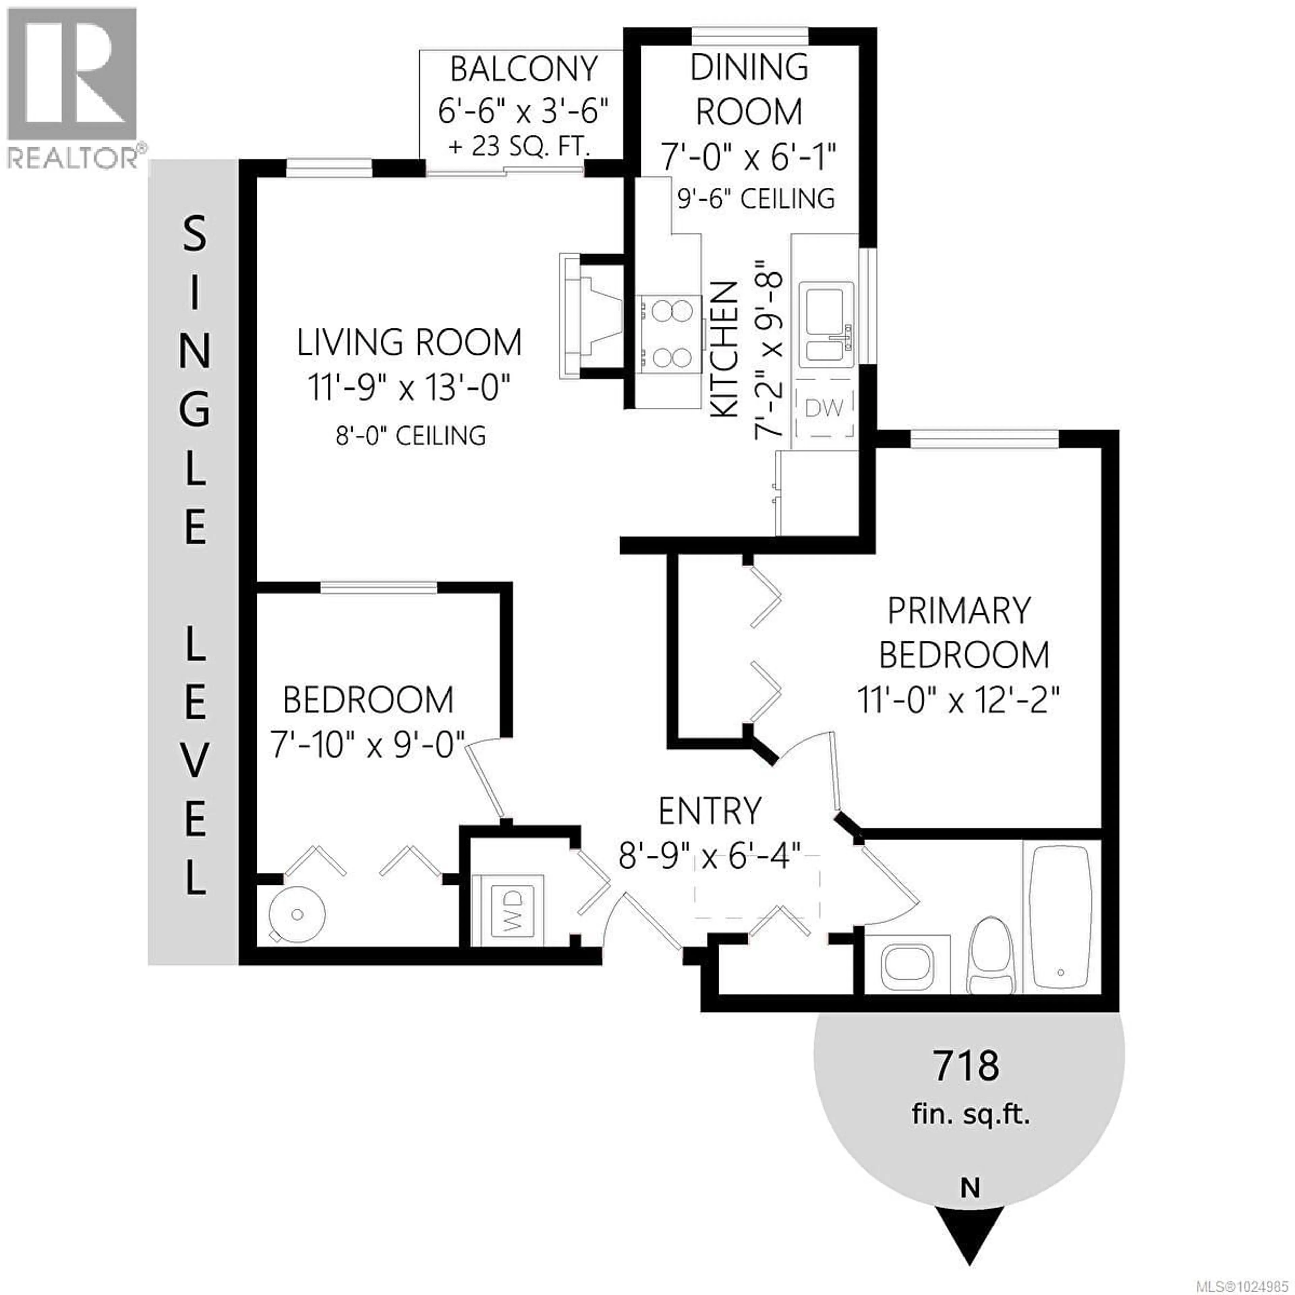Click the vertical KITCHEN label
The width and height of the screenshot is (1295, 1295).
(724, 350)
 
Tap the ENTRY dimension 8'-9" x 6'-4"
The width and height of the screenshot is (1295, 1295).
(710, 856)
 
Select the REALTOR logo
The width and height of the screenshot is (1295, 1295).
(73, 87)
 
